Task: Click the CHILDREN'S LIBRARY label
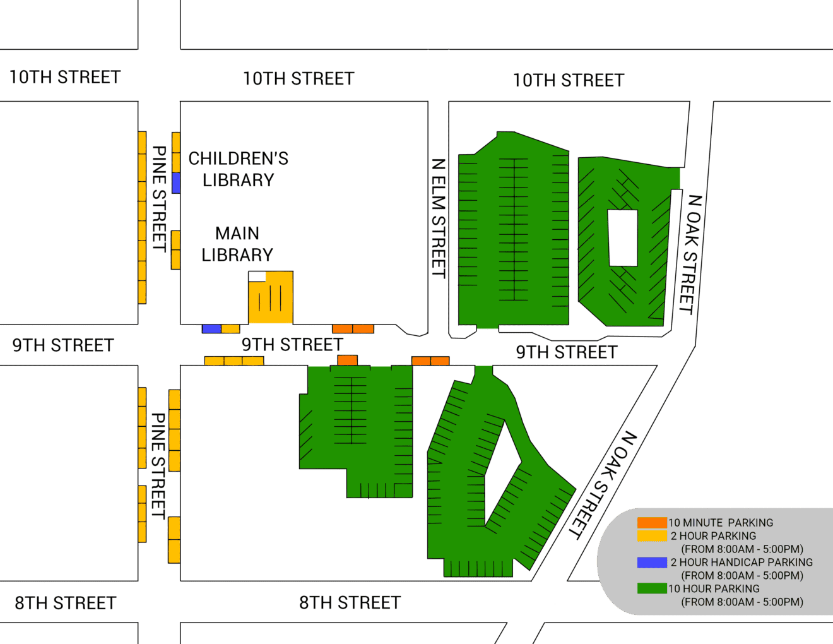pyautogui.click(x=238, y=169)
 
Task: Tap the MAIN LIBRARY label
pyautogui.click(x=237, y=244)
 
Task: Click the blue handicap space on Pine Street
pyautogui.click(x=176, y=183)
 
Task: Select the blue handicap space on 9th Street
pyautogui.click(x=211, y=329)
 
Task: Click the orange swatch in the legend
pyautogui.click(x=652, y=523)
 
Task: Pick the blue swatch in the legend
pyautogui.click(x=652, y=563)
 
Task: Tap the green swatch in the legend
pyautogui.click(x=652, y=588)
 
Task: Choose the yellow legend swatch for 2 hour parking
pyautogui.click(x=652, y=536)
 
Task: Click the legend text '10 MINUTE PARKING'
pyautogui.click(x=721, y=523)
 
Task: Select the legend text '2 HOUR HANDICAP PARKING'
pyautogui.click(x=741, y=563)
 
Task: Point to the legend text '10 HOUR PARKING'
pyautogui.click(x=714, y=588)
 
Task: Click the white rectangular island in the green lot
pyautogui.click(x=623, y=238)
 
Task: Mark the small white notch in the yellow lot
pyautogui.click(x=257, y=276)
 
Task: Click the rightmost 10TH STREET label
pyautogui.click(x=569, y=81)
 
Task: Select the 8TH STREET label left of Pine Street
pyautogui.click(x=66, y=603)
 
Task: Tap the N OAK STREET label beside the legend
pyautogui.click(x=603, y=485)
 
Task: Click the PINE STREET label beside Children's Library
pyautogui.click(x=159, y=199)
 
